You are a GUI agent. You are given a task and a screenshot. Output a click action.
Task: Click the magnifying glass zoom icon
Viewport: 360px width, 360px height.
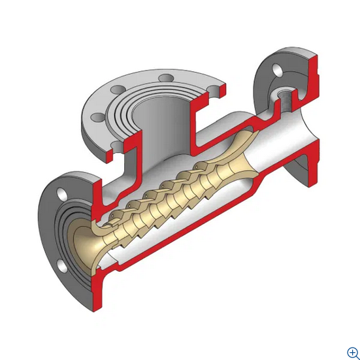[x=353, y=352]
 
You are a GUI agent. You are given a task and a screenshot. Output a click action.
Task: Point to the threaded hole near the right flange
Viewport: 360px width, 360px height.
[x=286, y=100]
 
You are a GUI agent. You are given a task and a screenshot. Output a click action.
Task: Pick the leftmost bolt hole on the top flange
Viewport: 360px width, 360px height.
[x=99, y=118]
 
